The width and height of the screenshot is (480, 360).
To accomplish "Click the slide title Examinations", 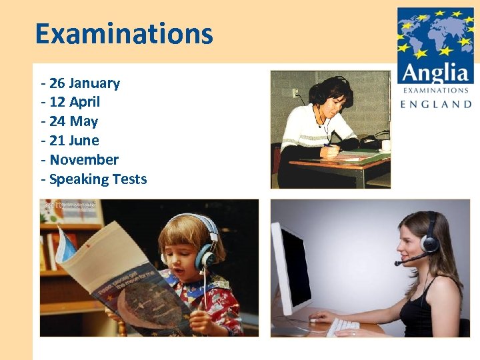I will tap(124, 33).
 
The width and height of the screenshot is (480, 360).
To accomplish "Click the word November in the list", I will tap(83, 160).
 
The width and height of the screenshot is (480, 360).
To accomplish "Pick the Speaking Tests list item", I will tap(97, 179).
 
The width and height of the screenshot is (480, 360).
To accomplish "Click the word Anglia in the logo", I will tap(435, 71).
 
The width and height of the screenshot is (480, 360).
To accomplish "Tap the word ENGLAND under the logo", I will tap(435, 104).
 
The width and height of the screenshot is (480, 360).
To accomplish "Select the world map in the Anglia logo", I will tap(435, 33).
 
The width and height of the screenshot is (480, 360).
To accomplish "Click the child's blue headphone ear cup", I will tap(204, 257).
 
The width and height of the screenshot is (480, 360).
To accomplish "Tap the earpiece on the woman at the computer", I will tap(430, 243).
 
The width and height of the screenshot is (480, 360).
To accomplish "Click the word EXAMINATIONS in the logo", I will tap(435, 90).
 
